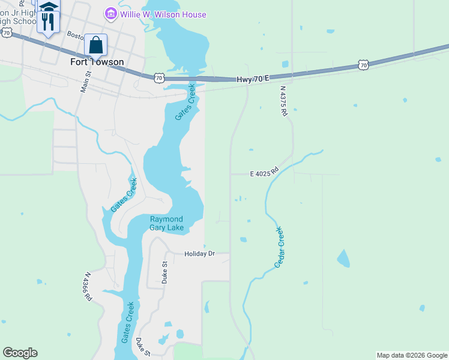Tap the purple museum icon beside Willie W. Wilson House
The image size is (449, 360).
tap(110, 13)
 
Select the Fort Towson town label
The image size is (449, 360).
tap(97, 62)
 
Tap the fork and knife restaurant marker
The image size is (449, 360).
tap(47, 23)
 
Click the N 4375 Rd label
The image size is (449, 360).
tap(284, 100)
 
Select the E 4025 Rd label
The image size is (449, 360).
tap(265, 173)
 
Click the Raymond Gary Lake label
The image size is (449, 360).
tap(166, 223)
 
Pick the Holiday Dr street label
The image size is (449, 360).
tap(199, 254)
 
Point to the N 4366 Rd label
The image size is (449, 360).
tap(88, 287)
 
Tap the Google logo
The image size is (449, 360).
tap(20, 353)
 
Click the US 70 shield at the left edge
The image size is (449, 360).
tap(6, 33)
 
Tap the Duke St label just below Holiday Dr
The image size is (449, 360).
tap(164, 272)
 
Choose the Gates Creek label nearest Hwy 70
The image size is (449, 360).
tap(186, 101)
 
